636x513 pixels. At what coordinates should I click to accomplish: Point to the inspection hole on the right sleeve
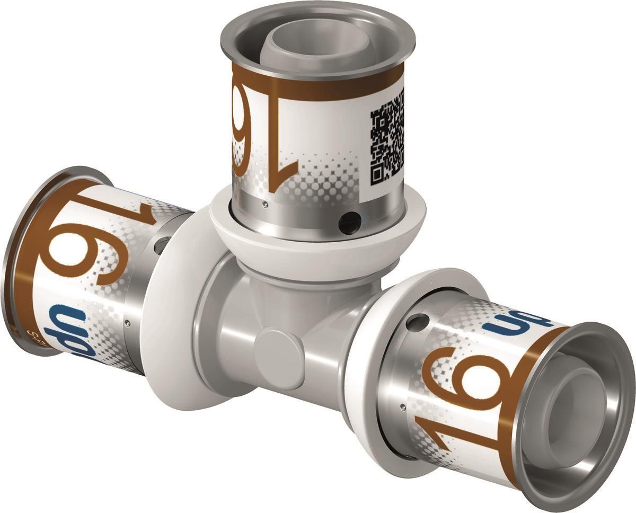click(x=418, y=321)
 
